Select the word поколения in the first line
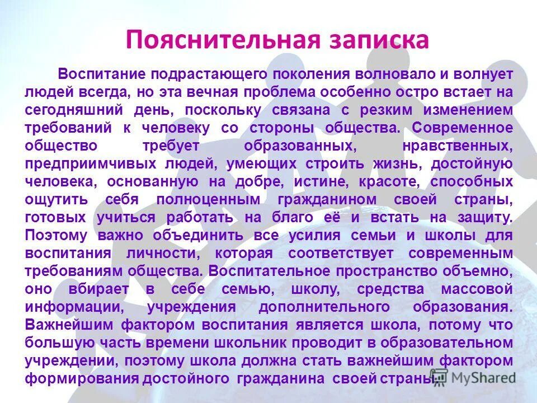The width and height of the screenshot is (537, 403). tap(311, 74)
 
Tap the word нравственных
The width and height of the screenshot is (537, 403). tap(458, 146)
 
